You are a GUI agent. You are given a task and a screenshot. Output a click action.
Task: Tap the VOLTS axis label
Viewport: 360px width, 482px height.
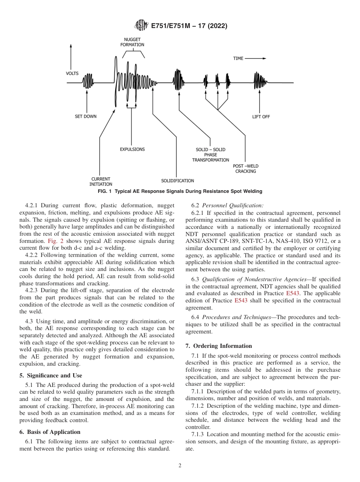coord(72,73)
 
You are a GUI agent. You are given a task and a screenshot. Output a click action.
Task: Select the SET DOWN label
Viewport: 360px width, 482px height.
coord(86,116)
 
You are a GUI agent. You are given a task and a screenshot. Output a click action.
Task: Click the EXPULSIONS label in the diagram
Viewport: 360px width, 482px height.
coord(132,149)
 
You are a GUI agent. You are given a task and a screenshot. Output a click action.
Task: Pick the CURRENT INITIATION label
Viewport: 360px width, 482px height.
coord(101,182)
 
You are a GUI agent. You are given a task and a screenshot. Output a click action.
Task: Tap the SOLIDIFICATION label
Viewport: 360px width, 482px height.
coord(177,181)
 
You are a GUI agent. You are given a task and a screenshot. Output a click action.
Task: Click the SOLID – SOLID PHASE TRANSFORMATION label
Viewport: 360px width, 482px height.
coord(210,155)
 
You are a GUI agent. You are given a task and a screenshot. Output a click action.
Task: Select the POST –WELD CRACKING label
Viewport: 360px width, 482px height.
coord(246,169)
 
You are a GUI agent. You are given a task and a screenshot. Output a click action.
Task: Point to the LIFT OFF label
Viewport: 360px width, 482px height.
coord(261,117)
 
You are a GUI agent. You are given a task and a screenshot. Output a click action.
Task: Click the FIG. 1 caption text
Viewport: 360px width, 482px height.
coord(180,191)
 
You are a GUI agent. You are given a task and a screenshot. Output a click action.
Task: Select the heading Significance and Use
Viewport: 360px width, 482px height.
coord(50,376)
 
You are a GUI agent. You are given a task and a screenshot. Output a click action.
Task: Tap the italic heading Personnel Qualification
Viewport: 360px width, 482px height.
coord(232,206)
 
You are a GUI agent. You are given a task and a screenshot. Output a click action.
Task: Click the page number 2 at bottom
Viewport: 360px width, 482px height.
coord(180,466)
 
